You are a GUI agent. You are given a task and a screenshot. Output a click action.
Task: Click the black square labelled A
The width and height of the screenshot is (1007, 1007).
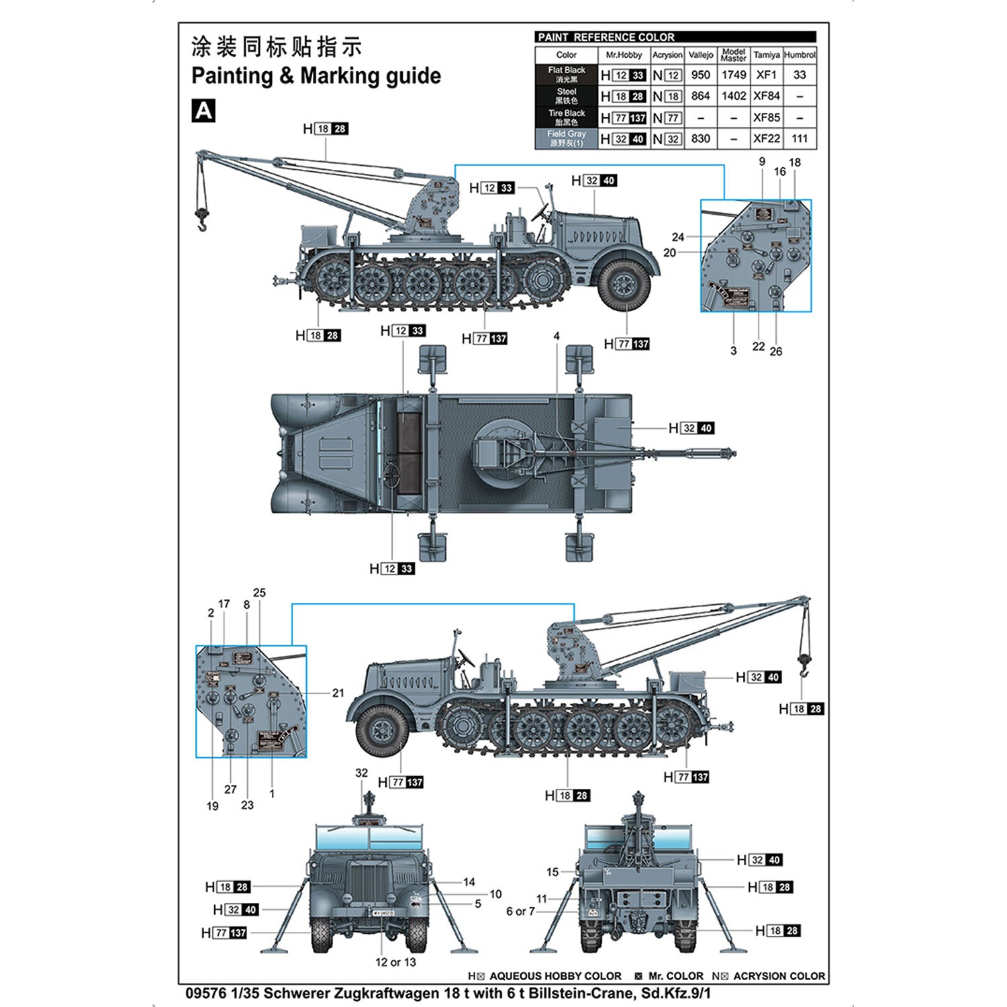(x=203, y=111)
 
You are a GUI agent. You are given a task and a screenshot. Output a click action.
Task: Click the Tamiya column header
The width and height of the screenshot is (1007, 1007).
(x=766, y=55)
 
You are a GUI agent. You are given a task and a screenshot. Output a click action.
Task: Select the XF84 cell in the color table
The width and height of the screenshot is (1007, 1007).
(x=766, y=96)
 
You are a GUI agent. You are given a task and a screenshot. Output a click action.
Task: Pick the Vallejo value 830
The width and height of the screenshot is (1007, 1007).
(x=700, y=138)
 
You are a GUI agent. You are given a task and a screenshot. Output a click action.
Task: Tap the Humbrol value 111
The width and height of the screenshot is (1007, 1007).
(x=799, y=138)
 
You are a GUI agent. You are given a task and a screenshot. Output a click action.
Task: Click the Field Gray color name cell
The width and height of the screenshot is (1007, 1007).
(x=566, y=138)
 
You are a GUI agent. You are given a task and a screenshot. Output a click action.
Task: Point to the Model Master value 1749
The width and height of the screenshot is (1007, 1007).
(x=733, y=75)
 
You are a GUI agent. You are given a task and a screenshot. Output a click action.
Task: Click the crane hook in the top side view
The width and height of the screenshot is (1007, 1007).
(x=201, y=218)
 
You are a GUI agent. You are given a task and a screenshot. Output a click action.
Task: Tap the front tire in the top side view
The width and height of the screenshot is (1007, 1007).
(x=624, y=285)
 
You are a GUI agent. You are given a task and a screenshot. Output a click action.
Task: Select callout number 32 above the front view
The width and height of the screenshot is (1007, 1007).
(x=361, y=773)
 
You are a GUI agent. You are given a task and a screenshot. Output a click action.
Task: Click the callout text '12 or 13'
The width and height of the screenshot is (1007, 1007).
(x=395, y=962)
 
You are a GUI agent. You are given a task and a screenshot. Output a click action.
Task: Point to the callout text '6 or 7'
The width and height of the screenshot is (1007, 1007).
(x=520, y=911)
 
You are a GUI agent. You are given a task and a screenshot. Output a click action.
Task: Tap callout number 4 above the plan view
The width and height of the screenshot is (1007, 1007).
(x=557, y=336)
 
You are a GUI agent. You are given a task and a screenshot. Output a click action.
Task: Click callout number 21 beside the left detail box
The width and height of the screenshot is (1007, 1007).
(x=338, y=693)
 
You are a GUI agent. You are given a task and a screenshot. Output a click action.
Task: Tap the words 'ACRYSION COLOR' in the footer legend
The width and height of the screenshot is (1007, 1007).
(x=779, y=976)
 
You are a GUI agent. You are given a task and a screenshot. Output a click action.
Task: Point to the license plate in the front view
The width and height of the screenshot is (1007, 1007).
(x=383, y=913)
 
